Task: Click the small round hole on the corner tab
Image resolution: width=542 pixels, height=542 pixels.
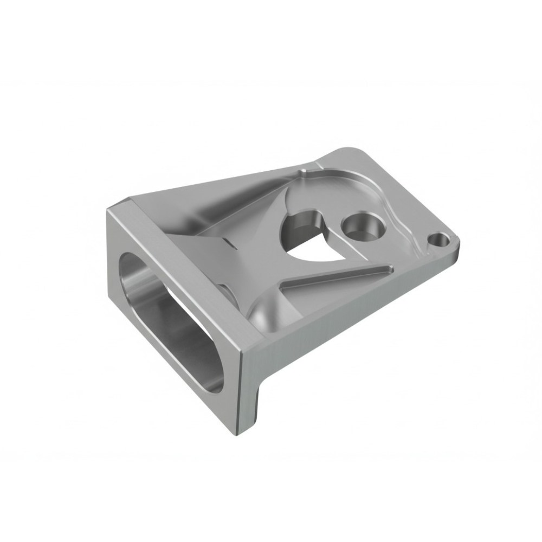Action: tap(438, 238)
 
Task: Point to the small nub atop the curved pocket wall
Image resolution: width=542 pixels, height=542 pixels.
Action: tap(305, 172)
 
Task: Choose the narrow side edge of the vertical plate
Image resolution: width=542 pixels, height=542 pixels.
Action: tap(249, 390)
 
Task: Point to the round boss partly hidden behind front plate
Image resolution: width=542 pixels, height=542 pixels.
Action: tap(228, 293)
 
